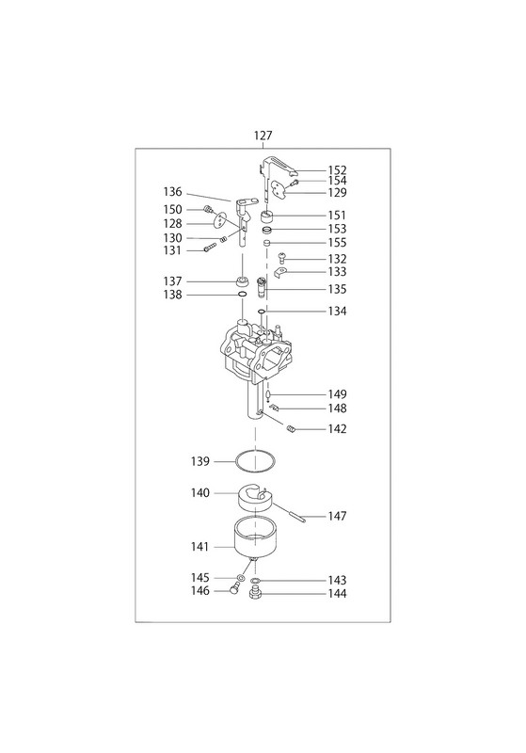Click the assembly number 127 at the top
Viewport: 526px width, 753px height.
tap(263, 136)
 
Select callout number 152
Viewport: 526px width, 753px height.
tap(338, 170)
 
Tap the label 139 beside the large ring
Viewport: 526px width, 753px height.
tap(200, 461)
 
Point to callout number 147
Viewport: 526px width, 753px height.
tap(338, 516)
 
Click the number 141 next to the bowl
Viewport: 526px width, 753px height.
tap(199, 547)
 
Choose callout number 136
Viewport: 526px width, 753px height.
tap(173, 192)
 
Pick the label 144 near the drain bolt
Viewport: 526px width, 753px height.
tap(338, 594)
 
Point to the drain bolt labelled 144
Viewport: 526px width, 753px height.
tap(255, 595)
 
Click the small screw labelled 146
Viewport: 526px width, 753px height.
tap(234, 587)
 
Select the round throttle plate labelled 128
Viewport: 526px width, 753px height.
tap(219, 220)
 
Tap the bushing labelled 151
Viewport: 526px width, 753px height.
tap(267, 216)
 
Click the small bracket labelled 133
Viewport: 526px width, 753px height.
tap(279, 273)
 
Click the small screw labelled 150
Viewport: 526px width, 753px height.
tap(208, 209)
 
